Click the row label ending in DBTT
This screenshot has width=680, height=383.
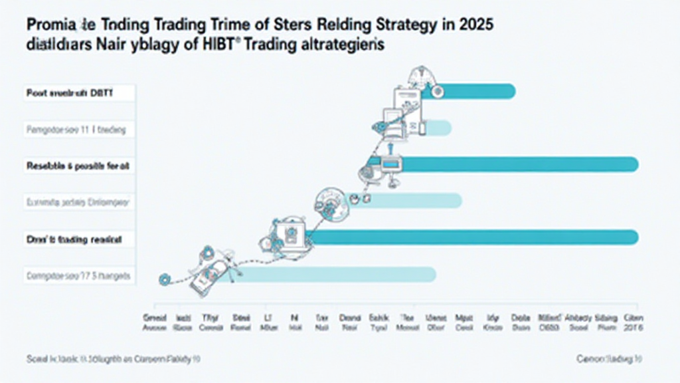pos(70,94)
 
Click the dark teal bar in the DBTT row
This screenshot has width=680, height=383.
pos(475,91)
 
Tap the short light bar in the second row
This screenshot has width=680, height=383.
pos(438,128)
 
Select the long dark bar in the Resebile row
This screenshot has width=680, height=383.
pos(518,164)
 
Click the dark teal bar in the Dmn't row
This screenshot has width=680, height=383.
pos(471,237)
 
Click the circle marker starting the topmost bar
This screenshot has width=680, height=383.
pos(436,92)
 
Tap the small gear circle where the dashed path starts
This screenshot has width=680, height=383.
pos(163,280)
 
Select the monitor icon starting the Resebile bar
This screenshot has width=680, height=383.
pos(389,162)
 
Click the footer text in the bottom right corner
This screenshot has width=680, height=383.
pos(608,358)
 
